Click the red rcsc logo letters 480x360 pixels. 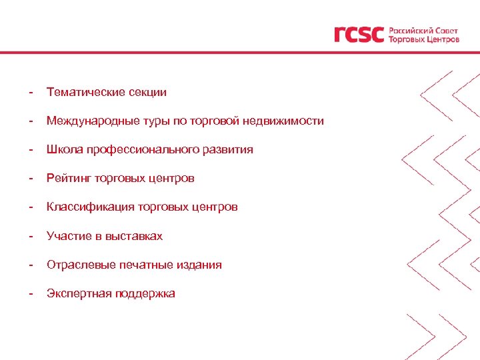(x=359, y=34)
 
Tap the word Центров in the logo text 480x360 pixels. (x=442, y=39)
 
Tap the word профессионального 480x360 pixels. (x=141, y=149)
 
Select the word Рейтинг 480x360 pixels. (x=69, y=178)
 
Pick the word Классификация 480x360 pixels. (x=91, y=207)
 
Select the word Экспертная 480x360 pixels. (x=79, y=293)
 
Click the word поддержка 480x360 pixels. (x=145, y=293)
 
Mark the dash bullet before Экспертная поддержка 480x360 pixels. (x=31, y=293)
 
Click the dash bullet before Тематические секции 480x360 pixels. (x=31, y=92)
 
